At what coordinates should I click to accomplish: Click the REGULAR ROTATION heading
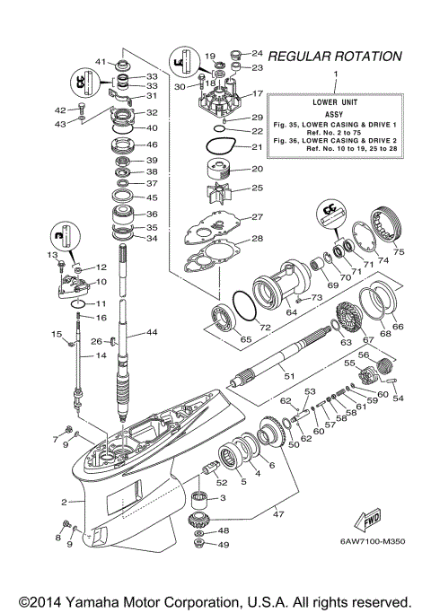(335, 56)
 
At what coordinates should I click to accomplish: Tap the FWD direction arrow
(369, 521)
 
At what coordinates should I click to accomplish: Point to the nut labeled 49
(198, 545)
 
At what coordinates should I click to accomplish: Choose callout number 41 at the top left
(101, 62)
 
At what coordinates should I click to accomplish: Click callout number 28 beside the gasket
(258, 239)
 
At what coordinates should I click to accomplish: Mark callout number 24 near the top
(256, 53)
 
